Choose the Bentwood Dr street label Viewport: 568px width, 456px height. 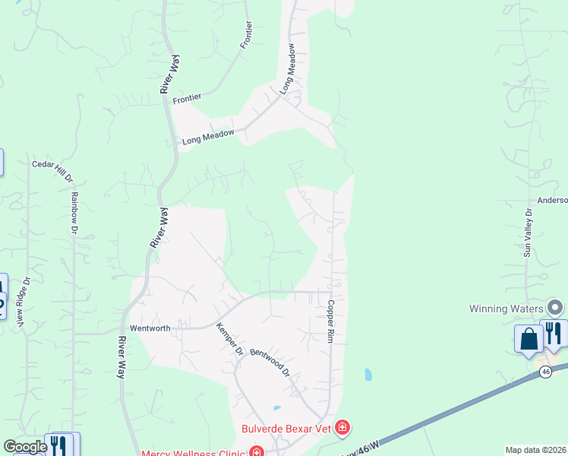click(270, 362)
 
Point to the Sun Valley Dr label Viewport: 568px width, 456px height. click(529, 231)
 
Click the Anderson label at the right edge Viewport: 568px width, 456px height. click(552, 201)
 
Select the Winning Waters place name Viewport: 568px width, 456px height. click(506, 309)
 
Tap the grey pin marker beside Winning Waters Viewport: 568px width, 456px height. click(556, 308)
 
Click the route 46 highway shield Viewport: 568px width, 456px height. click(546, 372)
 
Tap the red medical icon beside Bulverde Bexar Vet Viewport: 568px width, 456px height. click(342, 428)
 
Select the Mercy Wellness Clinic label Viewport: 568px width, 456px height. click(199, 451)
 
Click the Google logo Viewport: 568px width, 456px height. click(25, 447)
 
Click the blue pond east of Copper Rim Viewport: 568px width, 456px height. click(368, 375)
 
